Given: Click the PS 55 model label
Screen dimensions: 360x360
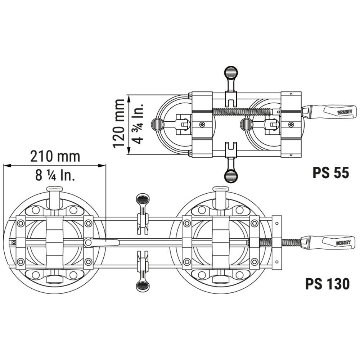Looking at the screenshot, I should (330, 173).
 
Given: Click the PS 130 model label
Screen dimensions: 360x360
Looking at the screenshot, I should (327, 284).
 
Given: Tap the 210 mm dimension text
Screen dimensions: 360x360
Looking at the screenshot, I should (55, 157).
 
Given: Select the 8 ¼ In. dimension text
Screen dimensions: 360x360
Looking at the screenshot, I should (55, 176).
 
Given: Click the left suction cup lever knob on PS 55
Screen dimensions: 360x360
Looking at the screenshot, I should (157, 125).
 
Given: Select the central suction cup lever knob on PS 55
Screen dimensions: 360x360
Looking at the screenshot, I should (246, 125).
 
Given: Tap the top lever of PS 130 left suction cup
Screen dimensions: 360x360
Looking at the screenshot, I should (54, 189).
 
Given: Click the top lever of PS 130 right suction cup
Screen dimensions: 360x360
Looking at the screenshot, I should (220, 189).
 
